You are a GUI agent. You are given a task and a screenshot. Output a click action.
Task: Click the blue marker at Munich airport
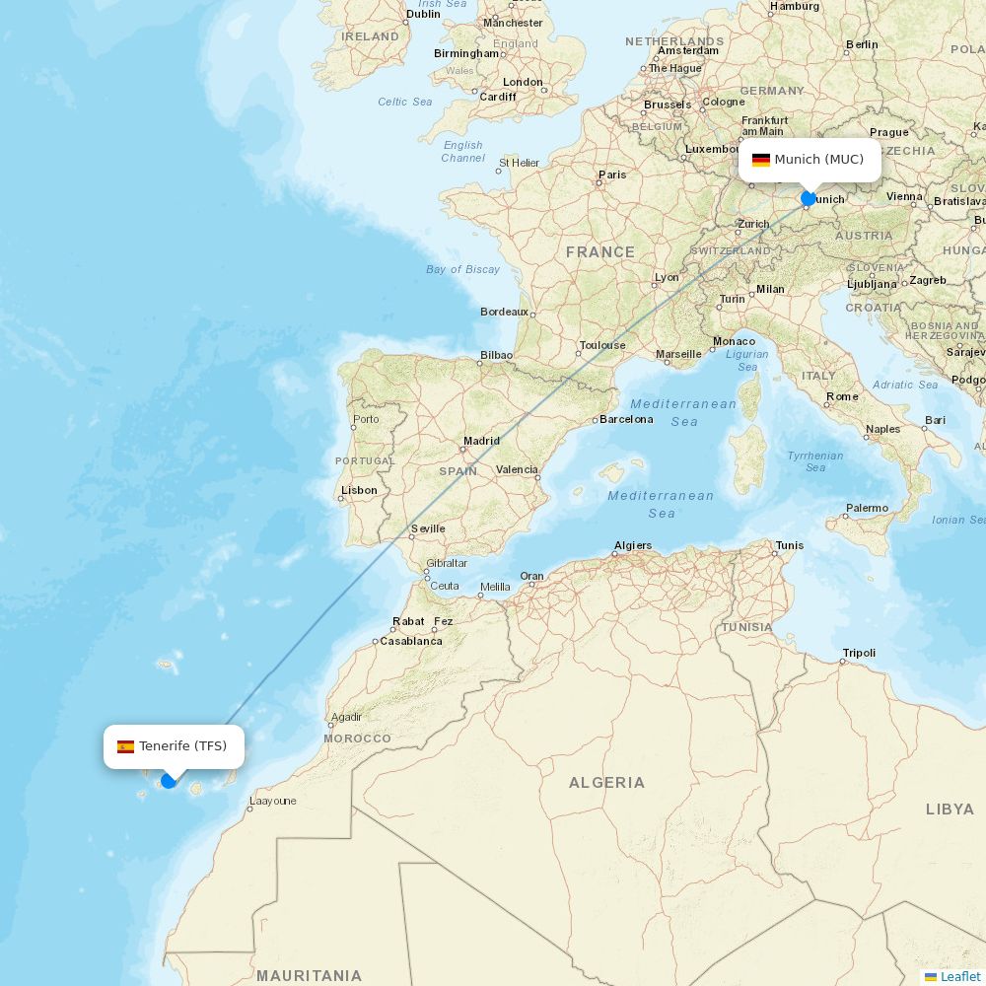pyautogui.click(x=809, y=198)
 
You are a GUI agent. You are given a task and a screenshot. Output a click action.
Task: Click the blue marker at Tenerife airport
pyautogui.click(x=169, y=781)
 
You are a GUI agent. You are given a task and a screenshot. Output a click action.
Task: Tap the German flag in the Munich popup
pyautogui.click(x=761, y=160)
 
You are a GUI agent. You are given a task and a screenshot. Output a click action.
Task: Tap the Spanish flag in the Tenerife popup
pyautogui.click(x=125, y=746)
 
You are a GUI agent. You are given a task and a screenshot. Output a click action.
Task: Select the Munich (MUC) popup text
pyautogui.click(x=818, y=160)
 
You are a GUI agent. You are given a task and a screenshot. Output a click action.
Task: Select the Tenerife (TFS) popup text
pyautogui.click(x=182, y=746)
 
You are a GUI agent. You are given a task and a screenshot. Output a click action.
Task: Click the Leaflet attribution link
pyautogui.click(x=959, y=976)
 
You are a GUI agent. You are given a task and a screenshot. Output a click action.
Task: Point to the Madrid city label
pyautogui.click(x=481, y=441)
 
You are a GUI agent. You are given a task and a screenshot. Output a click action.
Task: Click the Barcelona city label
pyautogui.click(x=626, y=419)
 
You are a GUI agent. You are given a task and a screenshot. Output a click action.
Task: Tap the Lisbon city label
pyautogui.click(x=359, y=490)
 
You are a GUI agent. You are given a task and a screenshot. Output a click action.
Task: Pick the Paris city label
pyautogui.click(x=612, y=175)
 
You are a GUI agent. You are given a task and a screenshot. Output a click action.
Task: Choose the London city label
pyautogui.click(x=523, y=82)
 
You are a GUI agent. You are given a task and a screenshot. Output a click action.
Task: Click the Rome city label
pyautogui.click(x=842, y=396)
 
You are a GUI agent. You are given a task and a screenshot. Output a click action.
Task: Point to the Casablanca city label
pyautogui.click(x=411, y=641)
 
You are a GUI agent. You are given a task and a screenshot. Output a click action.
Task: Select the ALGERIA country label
pyautogui.click(x=606, y=783)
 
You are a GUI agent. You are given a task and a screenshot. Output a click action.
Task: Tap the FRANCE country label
pyautogui.click(x=600, y=252)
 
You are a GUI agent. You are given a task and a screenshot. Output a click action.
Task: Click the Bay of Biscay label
pyautogui.click(x=462, y=269)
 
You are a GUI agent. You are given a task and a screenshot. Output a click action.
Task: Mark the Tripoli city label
pyautogui.click(x=859, y=653)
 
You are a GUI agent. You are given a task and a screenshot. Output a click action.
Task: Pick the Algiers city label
pyautogui.click(x=632, y=545)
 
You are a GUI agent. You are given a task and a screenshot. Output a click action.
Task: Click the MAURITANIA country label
pyautogui.click(x=309, y=976)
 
